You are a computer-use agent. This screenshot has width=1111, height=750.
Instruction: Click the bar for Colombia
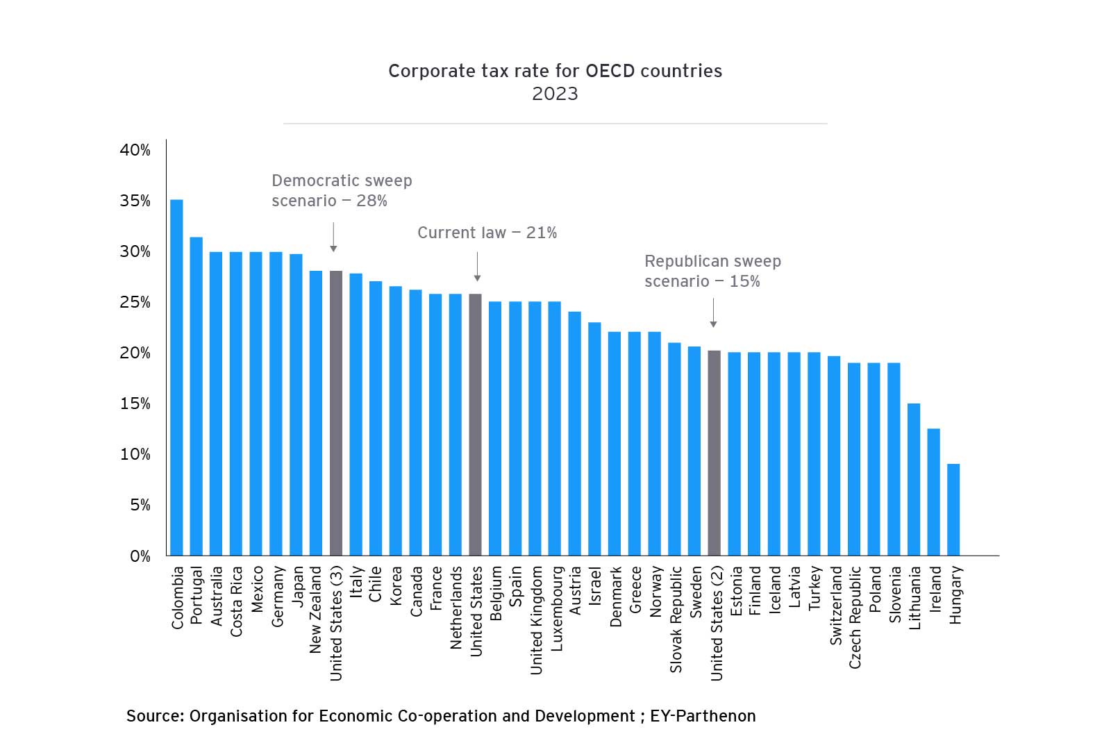point(176,378)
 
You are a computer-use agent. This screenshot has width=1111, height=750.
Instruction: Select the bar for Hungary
point(953,510)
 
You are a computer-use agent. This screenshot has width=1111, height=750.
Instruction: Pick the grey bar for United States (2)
point(714,453)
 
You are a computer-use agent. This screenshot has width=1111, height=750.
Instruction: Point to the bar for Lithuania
point(914,479)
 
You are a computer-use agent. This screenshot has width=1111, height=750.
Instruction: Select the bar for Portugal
point(197,397)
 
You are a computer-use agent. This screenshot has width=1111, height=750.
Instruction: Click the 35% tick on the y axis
point(135,201)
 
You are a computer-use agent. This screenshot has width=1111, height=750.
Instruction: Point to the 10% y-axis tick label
point(135,454)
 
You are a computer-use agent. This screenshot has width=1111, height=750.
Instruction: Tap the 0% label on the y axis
point(140,556)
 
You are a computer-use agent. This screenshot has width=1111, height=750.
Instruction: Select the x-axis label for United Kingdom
point(536,620)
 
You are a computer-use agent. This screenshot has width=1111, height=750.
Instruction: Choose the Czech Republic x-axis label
point(855,617)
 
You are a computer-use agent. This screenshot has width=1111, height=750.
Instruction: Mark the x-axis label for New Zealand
point(316,610)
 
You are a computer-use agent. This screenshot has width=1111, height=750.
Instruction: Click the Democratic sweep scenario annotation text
point(342,191)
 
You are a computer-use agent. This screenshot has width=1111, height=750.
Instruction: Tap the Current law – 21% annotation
point(487,233)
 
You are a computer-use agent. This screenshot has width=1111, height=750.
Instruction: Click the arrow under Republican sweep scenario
point(713,313)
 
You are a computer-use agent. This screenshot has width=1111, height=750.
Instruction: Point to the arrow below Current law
point(477,267)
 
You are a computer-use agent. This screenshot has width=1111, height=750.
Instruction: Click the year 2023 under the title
point(555,94)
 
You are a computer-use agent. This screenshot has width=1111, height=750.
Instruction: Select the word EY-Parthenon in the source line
point(703,716)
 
